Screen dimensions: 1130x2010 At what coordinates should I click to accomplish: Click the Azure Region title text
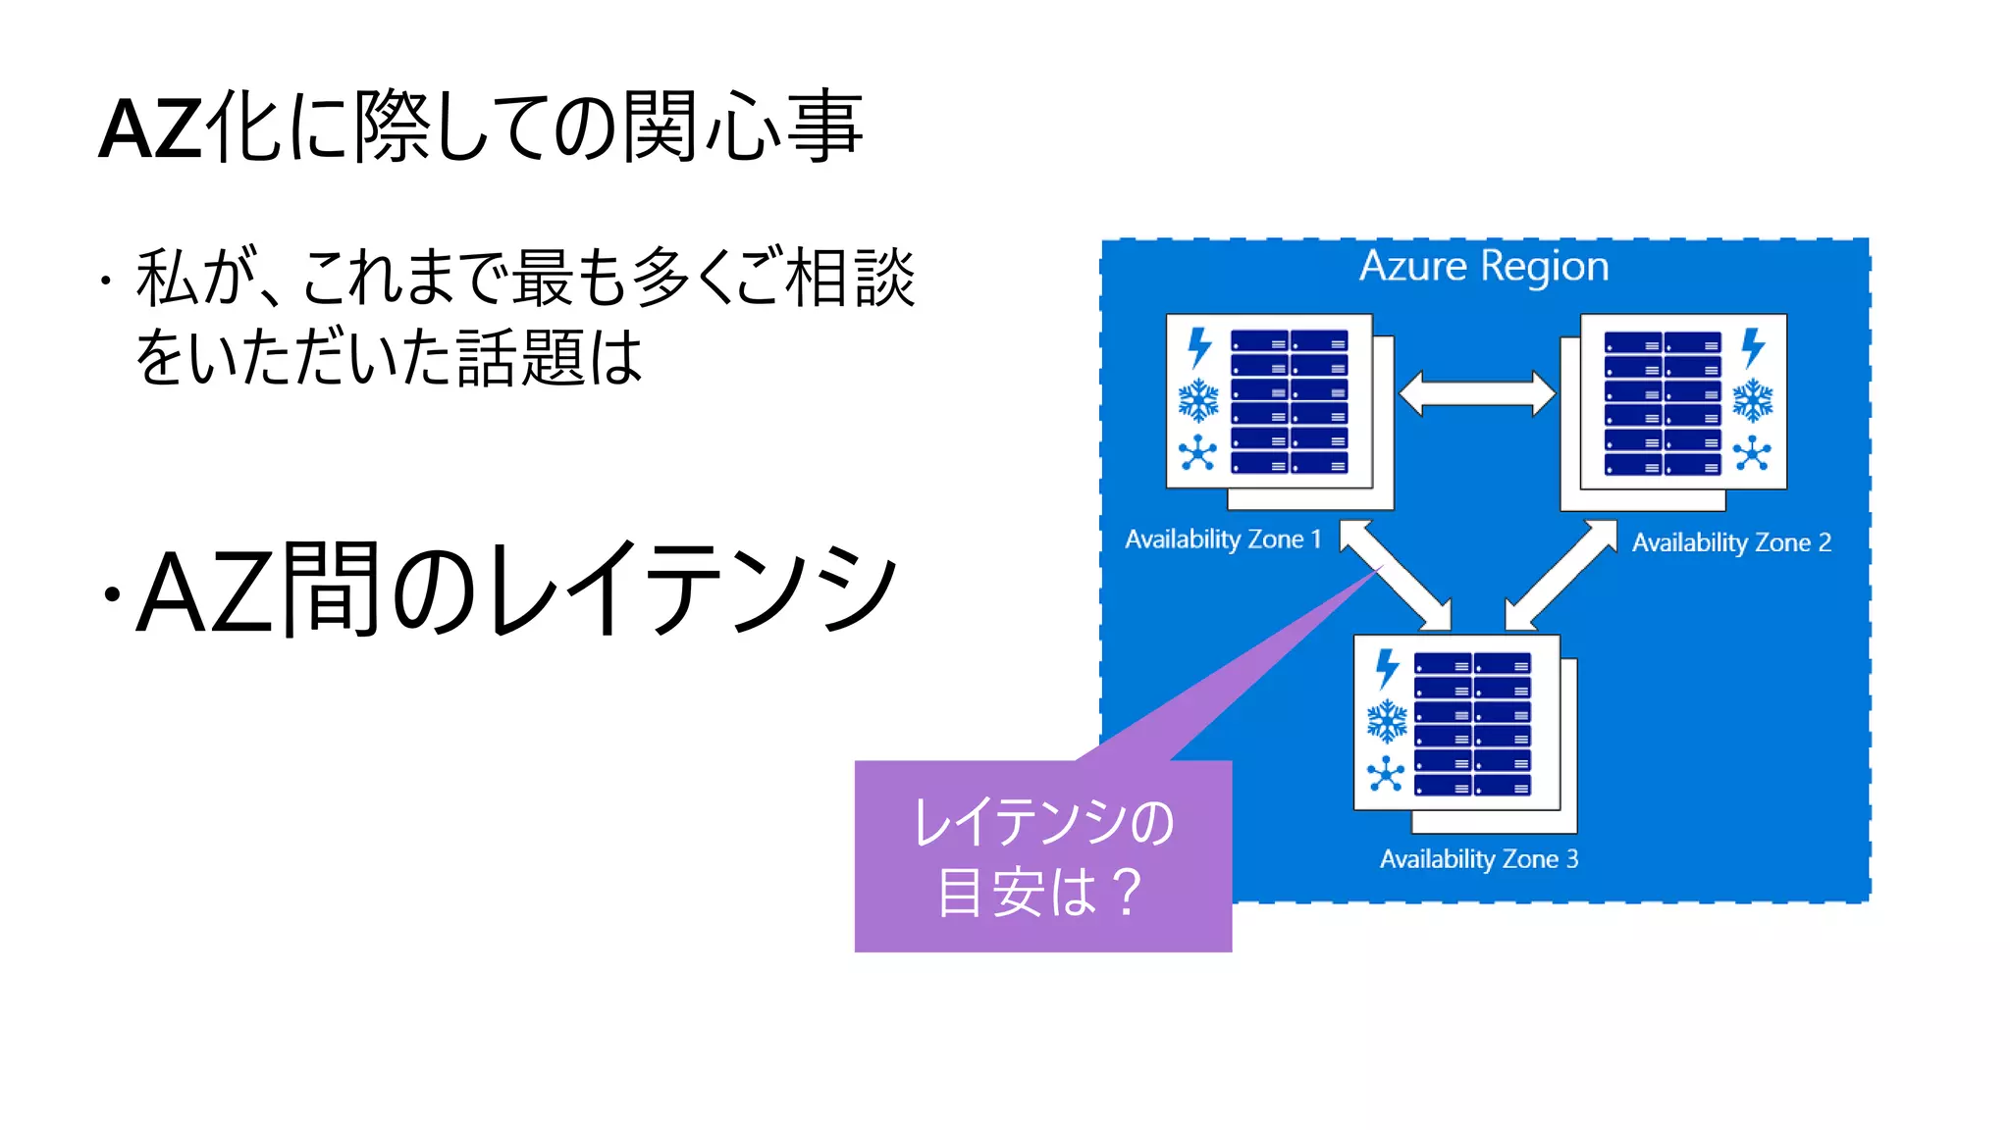(1483, 267)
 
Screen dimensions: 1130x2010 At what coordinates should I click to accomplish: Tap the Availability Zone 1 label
(1222, 539)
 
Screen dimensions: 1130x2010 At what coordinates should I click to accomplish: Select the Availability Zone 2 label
(1730, 542)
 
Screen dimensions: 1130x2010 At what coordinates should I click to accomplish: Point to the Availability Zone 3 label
(1478, 859)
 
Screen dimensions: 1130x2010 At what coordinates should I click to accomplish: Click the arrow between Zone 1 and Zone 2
(1476, 394)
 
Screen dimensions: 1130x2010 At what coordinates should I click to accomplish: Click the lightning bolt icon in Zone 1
(1199, 347)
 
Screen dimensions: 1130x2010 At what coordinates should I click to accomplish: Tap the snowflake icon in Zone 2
(1752, 401)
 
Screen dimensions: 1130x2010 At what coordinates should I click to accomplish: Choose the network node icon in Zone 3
(1386, 774)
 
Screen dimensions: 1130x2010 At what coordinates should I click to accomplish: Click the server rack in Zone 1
(1290, 402)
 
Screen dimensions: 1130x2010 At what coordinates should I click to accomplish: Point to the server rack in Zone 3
(1472, 724)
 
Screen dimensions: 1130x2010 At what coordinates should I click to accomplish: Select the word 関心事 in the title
(743, 127)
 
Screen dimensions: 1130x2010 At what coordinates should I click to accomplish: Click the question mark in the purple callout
(1128, 892)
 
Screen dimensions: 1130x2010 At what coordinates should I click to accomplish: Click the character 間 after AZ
(330, 590)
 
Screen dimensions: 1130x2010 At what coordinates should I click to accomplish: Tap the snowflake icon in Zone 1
(1198, 400)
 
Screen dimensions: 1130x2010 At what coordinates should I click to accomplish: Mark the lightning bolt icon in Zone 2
(1753, 347)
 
